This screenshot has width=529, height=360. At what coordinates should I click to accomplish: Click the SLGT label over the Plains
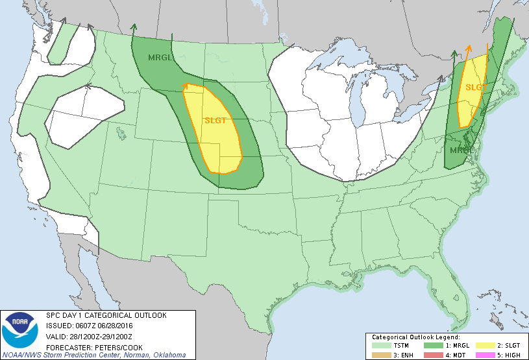click(x=216, y=120)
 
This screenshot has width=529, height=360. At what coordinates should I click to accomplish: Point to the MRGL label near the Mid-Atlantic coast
click(x=461, y=150)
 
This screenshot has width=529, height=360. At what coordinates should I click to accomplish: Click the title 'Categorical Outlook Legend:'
click(x=416, y=337)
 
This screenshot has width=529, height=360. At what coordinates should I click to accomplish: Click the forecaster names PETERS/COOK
click(x=112, y=346)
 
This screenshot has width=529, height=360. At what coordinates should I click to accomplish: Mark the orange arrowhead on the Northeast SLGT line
click(x=468, y=49)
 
